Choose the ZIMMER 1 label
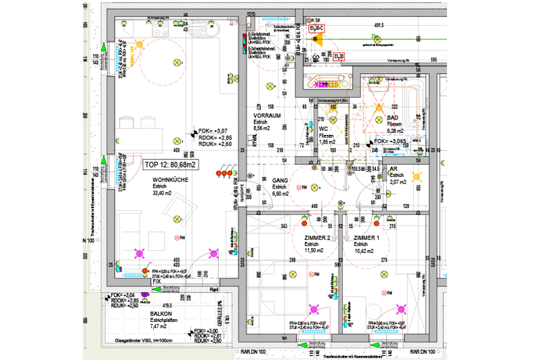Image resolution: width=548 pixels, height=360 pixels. (x=366, y=238)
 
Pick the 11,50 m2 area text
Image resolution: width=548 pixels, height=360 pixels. (x=315, y=251)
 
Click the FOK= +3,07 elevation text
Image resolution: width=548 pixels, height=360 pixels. (x=214, y=130)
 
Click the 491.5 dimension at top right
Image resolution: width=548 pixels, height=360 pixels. (x=379, y=25)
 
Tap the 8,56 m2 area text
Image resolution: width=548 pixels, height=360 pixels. (x=261, y=127)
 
